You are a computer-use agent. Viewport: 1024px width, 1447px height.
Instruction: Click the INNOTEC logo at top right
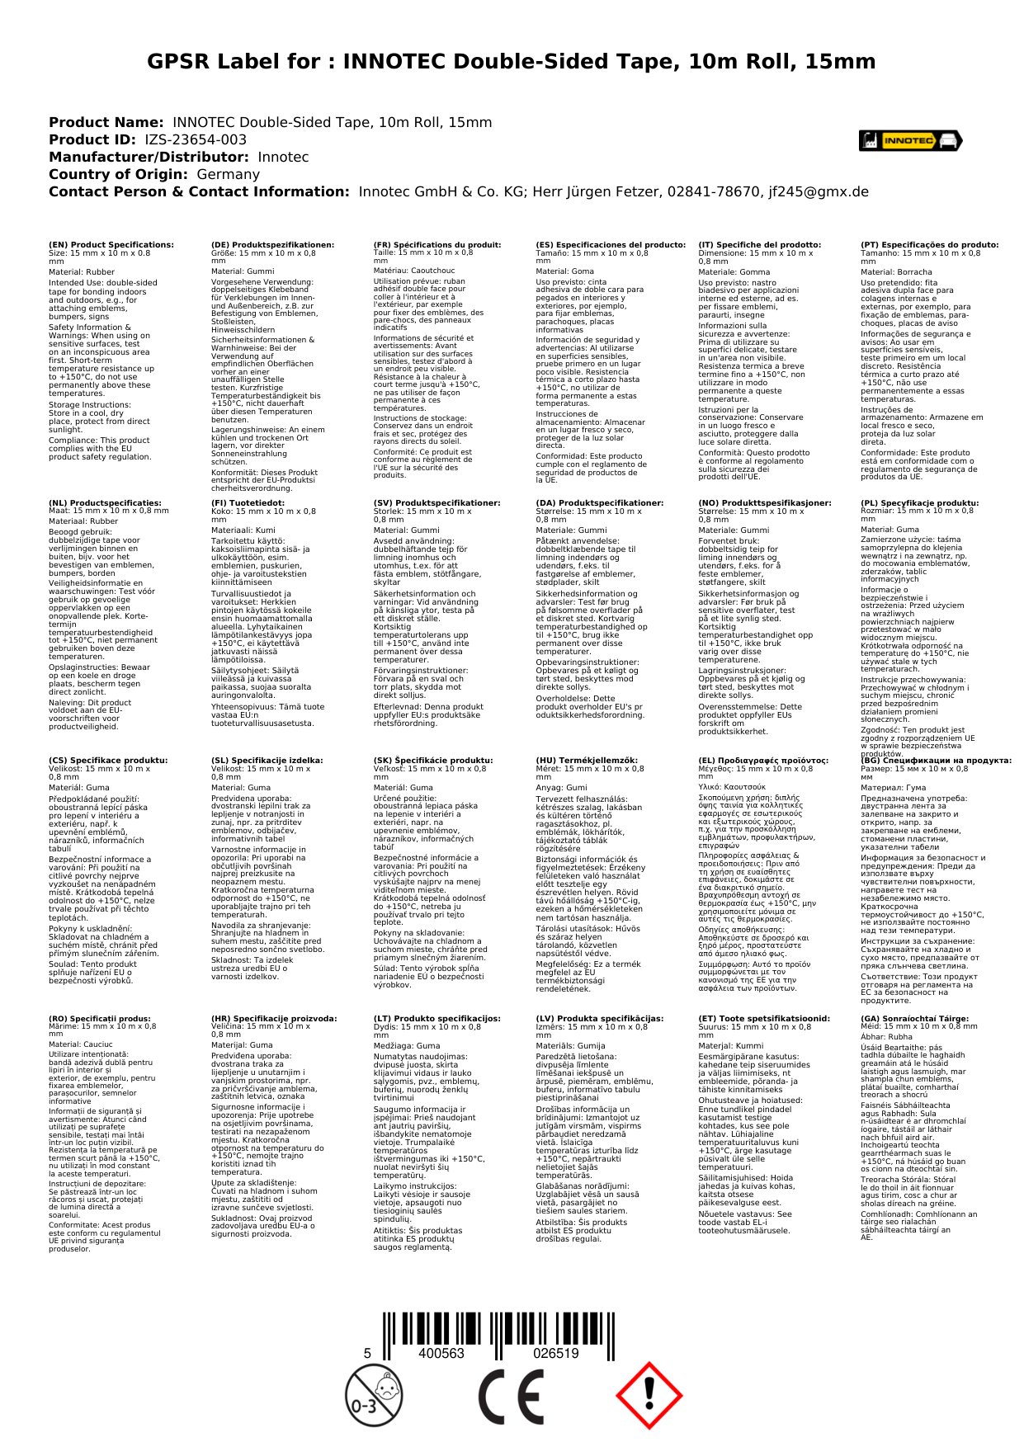point(910,141)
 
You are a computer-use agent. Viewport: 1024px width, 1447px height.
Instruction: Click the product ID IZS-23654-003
point(196,140)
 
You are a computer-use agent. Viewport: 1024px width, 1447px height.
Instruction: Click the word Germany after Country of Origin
point(228,175)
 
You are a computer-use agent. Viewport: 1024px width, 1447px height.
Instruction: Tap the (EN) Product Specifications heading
point(111,245)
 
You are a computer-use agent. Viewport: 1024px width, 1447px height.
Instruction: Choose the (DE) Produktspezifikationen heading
point(273,245)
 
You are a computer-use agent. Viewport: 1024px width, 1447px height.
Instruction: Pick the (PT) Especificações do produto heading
point(929,245)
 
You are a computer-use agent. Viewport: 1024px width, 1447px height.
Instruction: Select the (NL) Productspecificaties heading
point(105,503)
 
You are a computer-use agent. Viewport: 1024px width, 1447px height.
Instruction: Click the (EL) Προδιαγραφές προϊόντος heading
point(763,761)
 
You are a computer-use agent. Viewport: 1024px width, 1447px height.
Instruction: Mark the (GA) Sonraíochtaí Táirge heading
point(914,1019)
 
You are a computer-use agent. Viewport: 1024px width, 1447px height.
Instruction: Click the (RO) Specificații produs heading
point(100,1019)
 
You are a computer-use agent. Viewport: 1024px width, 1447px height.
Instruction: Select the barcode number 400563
point(441,1354)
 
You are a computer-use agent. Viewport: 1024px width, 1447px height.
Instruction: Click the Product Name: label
point(106,123)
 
